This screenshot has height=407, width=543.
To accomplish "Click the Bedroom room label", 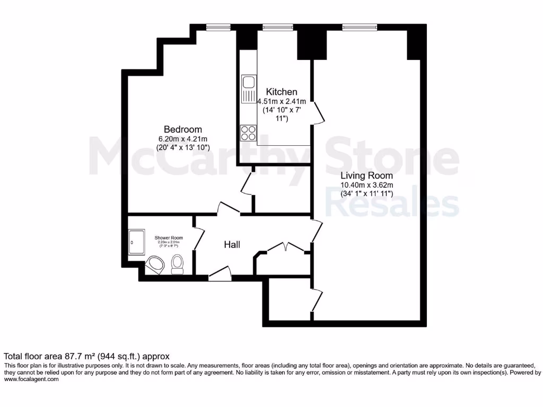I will (x=182, y=129).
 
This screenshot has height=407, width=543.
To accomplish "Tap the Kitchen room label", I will (x=281, y=92).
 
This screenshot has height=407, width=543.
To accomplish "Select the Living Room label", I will (x=366, y=175).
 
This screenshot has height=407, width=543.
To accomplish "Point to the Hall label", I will (x=232, y=245).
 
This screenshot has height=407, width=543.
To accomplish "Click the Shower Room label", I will (x=169, y=238).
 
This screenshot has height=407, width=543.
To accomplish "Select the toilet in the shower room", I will (x=177, y=263).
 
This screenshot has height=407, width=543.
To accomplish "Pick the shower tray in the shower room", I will (x=135, y=242).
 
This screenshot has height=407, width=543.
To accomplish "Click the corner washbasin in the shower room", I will (x=155, y=264).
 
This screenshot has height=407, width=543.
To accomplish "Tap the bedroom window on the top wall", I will (x=218, y=28).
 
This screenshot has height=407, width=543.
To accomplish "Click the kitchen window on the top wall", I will (x=278, y=28).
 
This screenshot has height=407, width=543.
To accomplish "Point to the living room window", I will (x=360, y=28).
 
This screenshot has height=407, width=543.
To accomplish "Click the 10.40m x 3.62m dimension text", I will (x=366, y=185).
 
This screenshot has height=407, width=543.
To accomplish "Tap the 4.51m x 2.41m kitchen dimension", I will (x=282, y=101).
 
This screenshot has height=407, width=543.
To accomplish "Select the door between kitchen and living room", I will (x=317, y=111).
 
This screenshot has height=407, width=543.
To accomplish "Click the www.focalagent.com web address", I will (x=31, y=379).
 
